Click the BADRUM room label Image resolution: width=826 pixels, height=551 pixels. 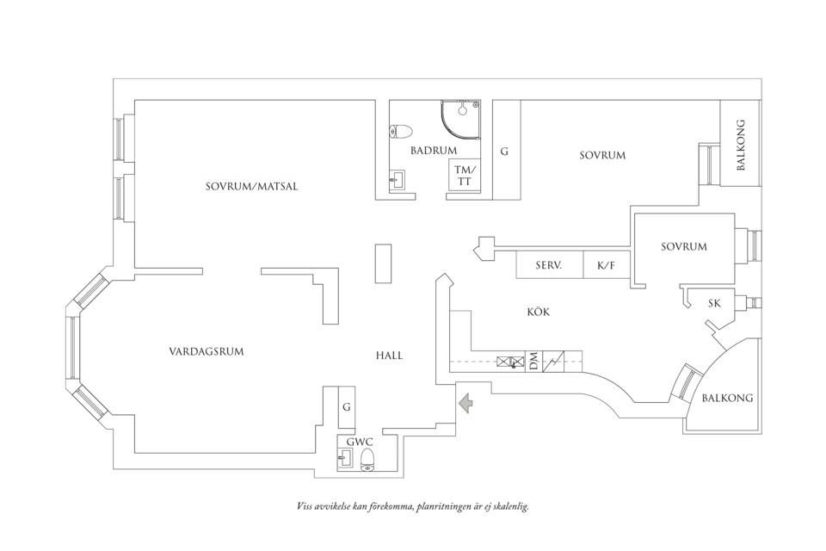(433, 151)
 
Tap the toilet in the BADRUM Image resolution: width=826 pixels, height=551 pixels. (401, 132)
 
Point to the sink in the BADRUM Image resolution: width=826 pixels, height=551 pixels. (398, 179)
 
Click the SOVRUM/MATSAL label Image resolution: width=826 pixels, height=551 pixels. (251, 187)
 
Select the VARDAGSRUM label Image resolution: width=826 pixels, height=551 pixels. (206, 351)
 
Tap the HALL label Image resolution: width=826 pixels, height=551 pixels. (389, 356)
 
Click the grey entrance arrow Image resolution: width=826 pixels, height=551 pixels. (465, 402)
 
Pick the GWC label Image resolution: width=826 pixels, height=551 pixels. (359, 442)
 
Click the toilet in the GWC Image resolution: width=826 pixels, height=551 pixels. (368, 459)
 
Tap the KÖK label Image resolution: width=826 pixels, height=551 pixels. (538, 313)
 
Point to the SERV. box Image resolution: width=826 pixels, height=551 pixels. (548, 266)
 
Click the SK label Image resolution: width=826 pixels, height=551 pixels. (714, 303)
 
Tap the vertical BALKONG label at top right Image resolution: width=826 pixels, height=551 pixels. (741, 145)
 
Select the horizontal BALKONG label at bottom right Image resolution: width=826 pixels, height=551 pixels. (727, 398)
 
